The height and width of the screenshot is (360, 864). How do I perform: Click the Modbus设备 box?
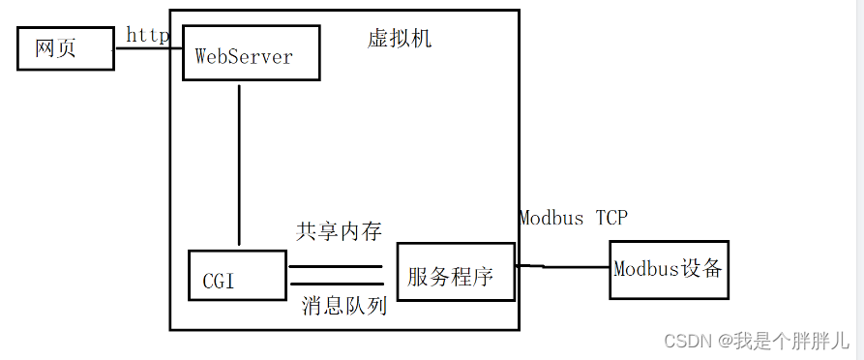pos(669,269)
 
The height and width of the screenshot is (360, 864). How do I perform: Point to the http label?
pos(148,35)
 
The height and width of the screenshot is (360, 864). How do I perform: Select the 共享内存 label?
pos(339,231)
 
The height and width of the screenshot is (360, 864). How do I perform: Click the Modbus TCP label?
pos(573,218)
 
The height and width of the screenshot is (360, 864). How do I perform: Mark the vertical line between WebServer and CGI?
pos(238,165)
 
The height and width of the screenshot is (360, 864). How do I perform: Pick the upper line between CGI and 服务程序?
pos(335,265)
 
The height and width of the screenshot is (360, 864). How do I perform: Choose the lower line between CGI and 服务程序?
pos(335,285)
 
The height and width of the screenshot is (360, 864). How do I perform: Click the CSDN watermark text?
pos(686,341)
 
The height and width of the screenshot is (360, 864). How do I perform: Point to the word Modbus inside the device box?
pos(644,269)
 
